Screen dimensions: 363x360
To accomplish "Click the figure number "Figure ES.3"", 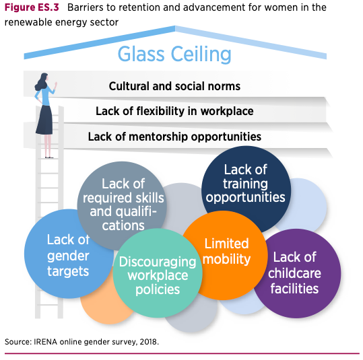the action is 32,7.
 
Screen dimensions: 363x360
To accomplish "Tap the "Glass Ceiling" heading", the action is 174,55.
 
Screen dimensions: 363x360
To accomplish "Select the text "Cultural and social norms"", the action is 174,86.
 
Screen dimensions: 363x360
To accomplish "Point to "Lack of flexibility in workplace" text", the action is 174,111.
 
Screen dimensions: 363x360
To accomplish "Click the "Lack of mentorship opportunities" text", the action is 174,137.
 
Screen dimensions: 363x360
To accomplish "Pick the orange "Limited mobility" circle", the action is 226,254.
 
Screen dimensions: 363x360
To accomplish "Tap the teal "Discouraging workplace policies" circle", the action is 158,273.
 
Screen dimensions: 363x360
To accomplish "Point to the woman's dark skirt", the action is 44,120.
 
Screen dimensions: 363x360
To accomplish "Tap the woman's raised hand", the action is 55,85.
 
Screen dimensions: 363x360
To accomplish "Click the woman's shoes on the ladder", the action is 49,157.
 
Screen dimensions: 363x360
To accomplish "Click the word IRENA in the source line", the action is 45,342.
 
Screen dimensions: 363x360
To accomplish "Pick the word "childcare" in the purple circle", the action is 294,273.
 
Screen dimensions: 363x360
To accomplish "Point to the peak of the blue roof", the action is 175,27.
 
